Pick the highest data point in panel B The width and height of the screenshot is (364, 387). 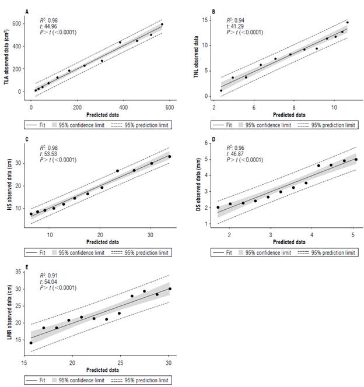pos(348,23)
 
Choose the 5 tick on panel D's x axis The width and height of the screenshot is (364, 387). pos(353,235)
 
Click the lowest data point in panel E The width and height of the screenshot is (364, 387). pos(31,343)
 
